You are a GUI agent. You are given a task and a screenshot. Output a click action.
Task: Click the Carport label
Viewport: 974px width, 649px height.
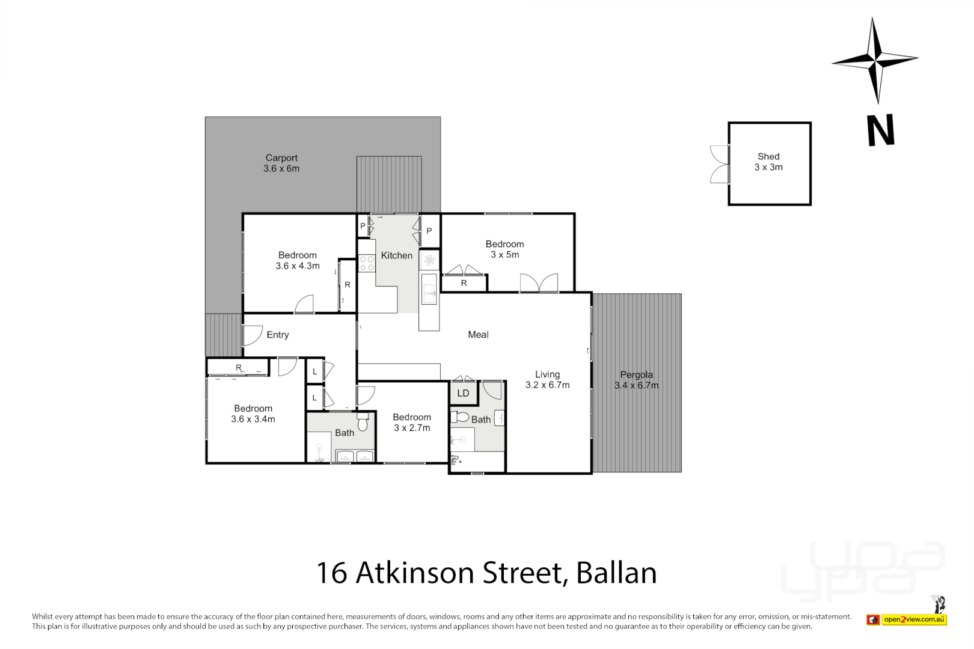tap(281, 158)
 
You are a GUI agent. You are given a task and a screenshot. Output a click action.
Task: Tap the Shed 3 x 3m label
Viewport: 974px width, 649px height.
tap(768, 162)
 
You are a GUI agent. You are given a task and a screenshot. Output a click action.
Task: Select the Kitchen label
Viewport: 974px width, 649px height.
tap(397, 255)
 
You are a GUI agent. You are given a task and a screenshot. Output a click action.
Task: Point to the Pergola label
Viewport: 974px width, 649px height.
tap(636, 374)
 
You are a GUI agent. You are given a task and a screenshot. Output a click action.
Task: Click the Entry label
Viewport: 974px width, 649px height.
tap(278, 335)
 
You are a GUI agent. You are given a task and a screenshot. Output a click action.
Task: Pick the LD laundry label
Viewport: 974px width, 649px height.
tap(463, 394)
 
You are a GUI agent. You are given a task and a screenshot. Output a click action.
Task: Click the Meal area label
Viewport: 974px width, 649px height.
tap(478, 335)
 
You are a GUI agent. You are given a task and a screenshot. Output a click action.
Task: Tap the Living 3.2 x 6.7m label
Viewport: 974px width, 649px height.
tap(547, 380)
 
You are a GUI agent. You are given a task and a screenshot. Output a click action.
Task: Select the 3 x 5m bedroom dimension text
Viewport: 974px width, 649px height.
tap(504, 255)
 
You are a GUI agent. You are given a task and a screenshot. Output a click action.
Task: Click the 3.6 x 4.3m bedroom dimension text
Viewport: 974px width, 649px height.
tap(298, 266)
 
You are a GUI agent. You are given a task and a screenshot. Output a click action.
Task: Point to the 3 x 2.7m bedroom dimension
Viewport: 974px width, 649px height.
tap(412, 428)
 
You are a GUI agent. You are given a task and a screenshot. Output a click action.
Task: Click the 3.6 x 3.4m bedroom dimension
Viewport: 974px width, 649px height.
tap(253, 419)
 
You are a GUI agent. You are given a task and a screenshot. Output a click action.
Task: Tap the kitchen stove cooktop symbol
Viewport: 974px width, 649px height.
tap(367, 263)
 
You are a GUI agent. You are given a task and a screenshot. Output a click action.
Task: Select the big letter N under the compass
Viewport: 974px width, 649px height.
tap(881, 130)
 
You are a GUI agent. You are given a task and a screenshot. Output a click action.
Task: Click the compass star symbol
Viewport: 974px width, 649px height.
tap(875, 59)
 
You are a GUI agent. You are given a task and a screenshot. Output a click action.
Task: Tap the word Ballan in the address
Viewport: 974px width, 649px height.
tap(616, 573)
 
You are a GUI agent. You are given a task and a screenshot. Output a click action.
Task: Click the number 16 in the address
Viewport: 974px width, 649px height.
tap(332, 573)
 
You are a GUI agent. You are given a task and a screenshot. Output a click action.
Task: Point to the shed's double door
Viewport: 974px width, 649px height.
tap(719, 164)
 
